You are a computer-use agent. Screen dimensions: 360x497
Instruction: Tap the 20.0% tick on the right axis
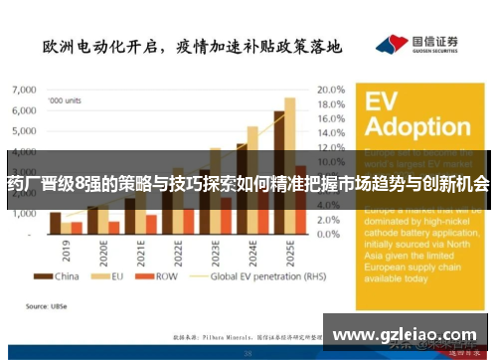pos(330,89)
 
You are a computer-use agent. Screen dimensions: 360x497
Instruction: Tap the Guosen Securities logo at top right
pos(417,46)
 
